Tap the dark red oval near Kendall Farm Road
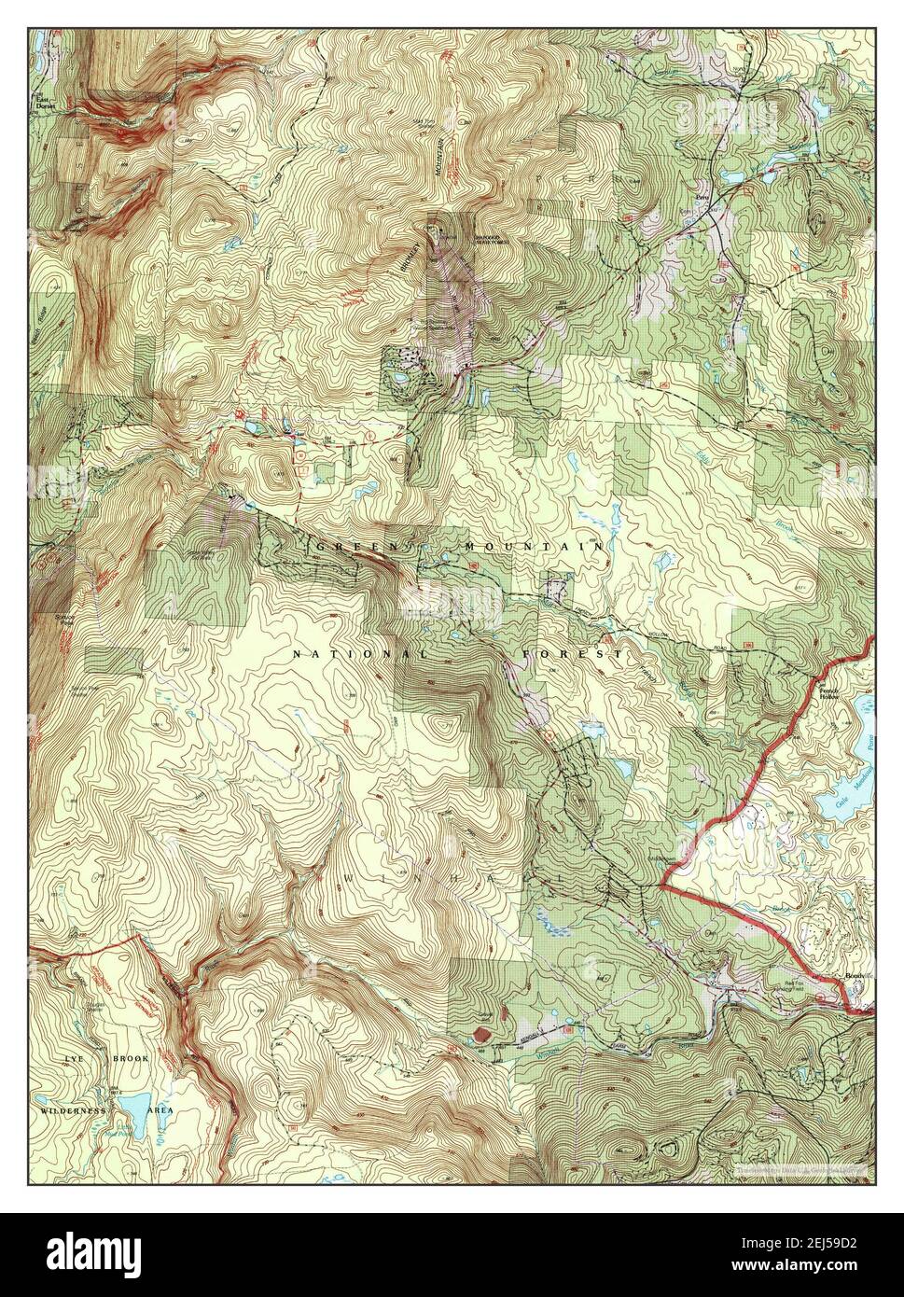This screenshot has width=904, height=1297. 480,1035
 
